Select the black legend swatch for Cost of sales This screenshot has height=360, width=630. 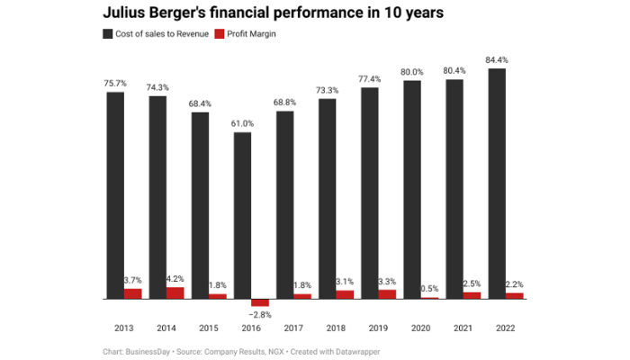(108, 33)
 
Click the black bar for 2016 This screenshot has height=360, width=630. (242, 215)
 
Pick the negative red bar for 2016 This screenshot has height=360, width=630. (260, 302)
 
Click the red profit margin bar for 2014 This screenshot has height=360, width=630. (175, 292)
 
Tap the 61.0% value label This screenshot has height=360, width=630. (243, 123)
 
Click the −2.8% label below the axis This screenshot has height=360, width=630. (261, 314)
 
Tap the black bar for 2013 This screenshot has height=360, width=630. (114, 194)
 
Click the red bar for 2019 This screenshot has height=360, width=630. (387, 293)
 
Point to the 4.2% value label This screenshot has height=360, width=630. (175, 278)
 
